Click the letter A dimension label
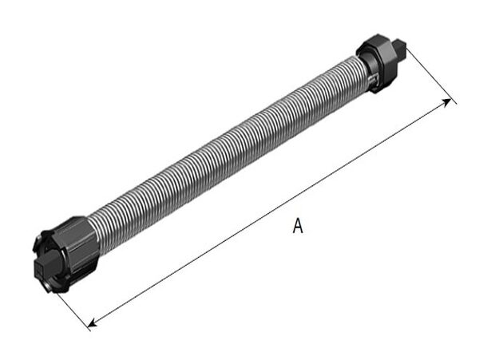point(298,227)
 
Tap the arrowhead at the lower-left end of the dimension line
point(93,322)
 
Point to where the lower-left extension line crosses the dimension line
point(89,325)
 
